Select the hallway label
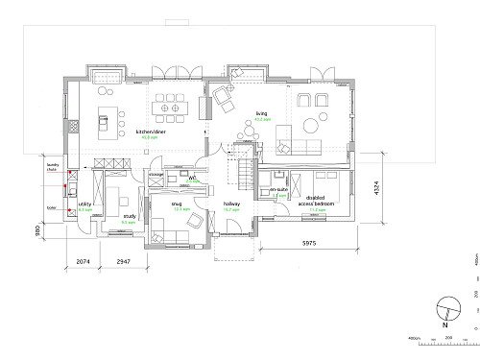point(231,204)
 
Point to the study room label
point(128,217)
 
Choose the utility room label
point(84,205)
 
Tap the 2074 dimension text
point(83,260)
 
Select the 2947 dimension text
point(123,260)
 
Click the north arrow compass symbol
point(444,310)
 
